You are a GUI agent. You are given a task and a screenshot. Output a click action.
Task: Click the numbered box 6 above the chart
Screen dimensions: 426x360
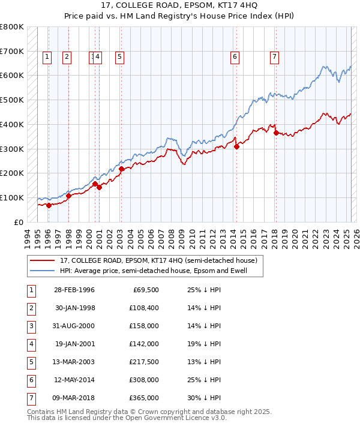235,57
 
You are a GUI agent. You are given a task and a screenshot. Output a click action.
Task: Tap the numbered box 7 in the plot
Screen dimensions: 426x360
274,57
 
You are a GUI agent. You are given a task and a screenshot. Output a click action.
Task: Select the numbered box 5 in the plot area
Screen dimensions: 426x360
119,57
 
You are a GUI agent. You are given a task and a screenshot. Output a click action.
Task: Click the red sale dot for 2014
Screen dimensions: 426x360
236,146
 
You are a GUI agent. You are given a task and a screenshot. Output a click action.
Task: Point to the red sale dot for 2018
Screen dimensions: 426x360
276,133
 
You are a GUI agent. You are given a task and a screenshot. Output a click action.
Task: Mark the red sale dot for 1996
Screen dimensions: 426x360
49,205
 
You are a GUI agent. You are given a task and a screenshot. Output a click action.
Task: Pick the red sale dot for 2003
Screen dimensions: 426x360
121,169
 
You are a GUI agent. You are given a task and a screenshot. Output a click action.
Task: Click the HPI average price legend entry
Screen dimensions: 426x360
161,271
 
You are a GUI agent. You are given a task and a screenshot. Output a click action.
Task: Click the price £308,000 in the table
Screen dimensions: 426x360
145,379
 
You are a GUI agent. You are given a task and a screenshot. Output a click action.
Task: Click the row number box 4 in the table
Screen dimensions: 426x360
31,344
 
